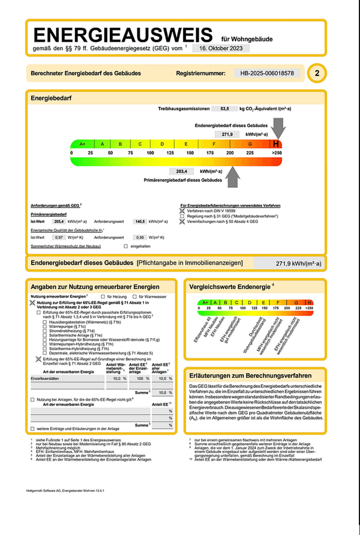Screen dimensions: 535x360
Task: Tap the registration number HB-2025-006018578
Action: [x=267, y=73]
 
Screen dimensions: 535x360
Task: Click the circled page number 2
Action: [x=317, y=74]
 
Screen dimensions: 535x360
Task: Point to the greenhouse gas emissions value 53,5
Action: [x=225, y=108]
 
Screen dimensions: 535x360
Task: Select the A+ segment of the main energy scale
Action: [x=82, y=144]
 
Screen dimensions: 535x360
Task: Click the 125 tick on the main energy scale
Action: [x=170, y=153]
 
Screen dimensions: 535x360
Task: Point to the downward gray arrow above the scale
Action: [x=278, y=130]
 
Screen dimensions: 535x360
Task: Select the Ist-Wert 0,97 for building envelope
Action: [x=59, y=238]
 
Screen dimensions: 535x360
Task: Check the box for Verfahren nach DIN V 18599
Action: [x=182, y=211]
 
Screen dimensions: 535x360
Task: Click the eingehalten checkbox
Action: [x=126, y=246]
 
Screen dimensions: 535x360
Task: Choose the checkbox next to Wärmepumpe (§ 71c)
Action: [x=45, y=326]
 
